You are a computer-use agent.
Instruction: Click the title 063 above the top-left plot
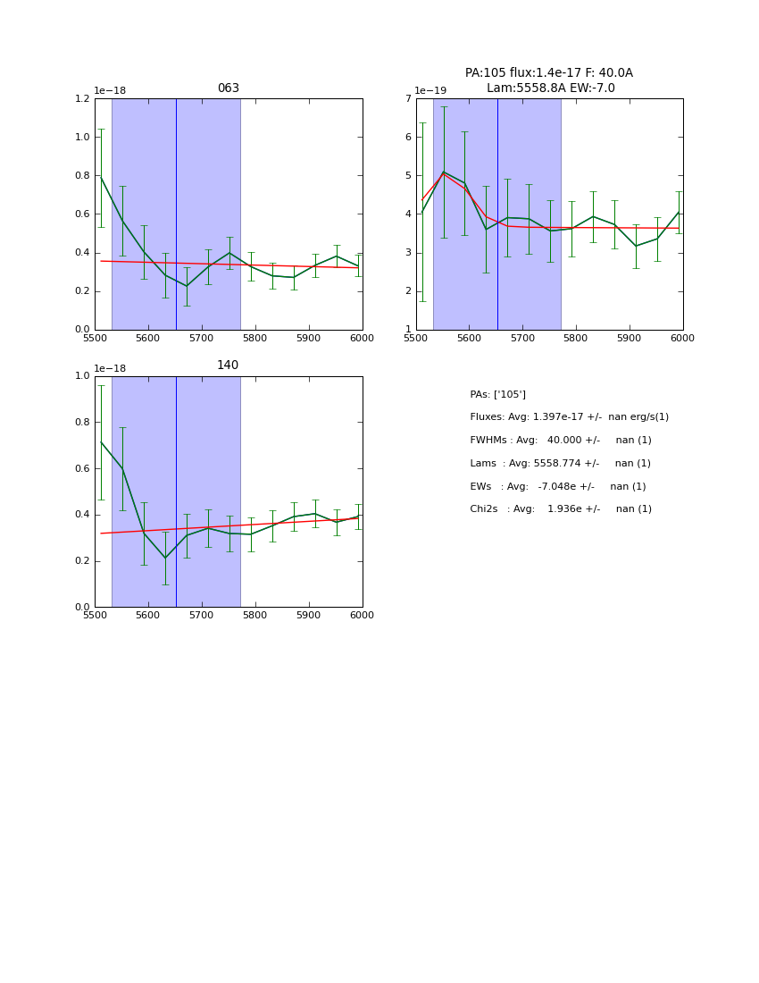pyautogui.click(x=228, y=88)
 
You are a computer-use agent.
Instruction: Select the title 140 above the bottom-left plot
pyautogui.click(x=228, y=365)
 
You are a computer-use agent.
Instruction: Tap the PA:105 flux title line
pyautogui.click(x=548, y=73)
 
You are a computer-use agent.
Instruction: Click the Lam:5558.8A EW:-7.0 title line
pyautogui.click(x=550, y=88)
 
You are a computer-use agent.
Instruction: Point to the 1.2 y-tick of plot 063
pyautogui.click(x=82, y=99)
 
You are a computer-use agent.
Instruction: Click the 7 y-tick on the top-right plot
pyautogui.click(x=407, y=99)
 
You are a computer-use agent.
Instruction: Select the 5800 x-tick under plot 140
pyautogui.click(x=254, y=616)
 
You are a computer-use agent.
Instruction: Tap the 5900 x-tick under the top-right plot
pyautogui.click(x=630, y=339)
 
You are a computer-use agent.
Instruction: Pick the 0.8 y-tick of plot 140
pyautogui.click(x=82, y=423)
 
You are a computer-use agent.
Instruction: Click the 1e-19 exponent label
pyautogui.click(x=430, y=91)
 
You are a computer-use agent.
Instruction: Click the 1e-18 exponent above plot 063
pyautogui.click(x=110, y=91)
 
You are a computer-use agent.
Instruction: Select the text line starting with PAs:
pyautogui.click(x=497, y=395)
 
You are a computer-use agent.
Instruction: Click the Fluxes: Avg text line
pyautogui.click(x=569, y=417)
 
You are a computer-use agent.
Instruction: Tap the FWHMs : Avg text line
pyautogui.click(x=560, y=441)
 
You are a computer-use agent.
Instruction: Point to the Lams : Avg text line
pyautogui.click(x=560, y=464)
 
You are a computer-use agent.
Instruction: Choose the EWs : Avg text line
pyautogui.click(x=557, y=487)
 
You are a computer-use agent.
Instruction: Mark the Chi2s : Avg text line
pyautogui.click(x=560, y=509)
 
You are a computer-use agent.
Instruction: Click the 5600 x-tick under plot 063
pyautogui.click(x=148, y=339)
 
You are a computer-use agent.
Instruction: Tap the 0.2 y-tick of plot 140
pyautogui.click(x=82, y=561)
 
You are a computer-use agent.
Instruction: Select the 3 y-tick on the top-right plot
pyautogui.click(x=407, y=253)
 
